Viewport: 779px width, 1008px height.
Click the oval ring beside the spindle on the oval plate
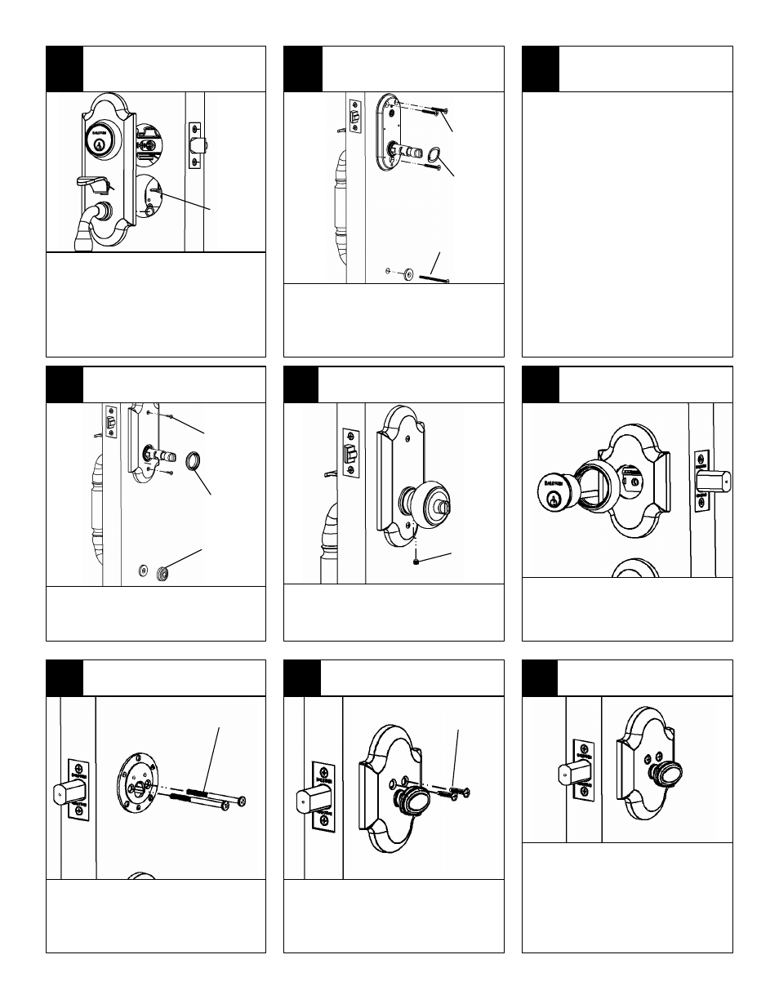(432, 153)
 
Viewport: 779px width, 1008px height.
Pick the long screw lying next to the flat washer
(434, 278)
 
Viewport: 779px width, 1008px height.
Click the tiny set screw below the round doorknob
(417, 561)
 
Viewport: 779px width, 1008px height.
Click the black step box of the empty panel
(541, 69)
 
